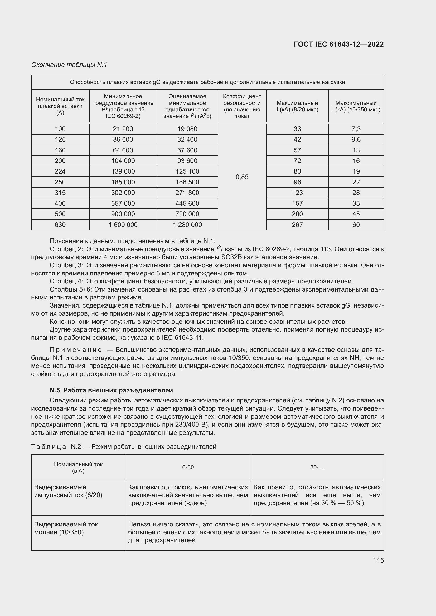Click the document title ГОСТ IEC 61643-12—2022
(338, 44)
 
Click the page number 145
(378, 560)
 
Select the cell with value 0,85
(242, 177)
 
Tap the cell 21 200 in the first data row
(123, 129)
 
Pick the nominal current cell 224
(60, 171)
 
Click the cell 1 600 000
(123, 225)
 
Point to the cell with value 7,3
(356, 129)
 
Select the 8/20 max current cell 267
(297, 225)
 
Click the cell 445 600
(187, 204)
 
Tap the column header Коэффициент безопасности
(242, 106)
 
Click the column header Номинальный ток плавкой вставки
(60, 106)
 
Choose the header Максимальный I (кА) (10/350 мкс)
(356, 106)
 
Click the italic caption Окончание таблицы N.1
(69, 65)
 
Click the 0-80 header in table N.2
(188, 467)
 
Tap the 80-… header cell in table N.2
(317, 467)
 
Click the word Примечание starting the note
(76, 350)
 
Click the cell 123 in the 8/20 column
(297, 193)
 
